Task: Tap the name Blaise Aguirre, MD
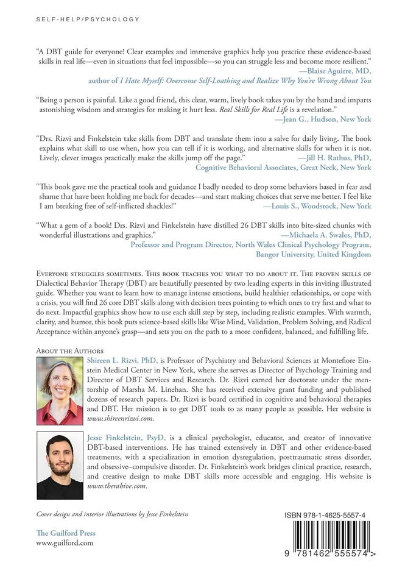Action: click(x=339, y=71)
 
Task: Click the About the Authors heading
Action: click(x=70, y=351)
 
